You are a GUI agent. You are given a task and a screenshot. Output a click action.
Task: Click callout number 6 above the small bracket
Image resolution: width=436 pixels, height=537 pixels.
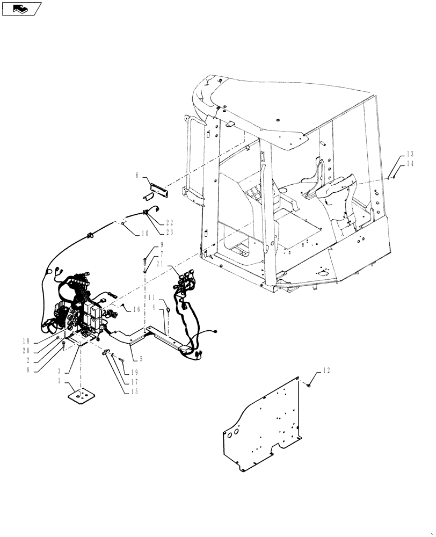click(137, 175)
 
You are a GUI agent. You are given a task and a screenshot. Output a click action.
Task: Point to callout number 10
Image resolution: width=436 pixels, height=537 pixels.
click(145, 233)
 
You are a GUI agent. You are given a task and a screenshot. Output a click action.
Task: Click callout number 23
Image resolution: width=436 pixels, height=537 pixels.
click(169, 233)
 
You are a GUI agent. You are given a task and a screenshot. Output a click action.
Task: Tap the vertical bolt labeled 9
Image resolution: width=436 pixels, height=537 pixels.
click(145, 262)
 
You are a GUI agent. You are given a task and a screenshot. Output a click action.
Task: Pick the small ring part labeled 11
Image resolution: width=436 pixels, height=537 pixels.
click(168, 310)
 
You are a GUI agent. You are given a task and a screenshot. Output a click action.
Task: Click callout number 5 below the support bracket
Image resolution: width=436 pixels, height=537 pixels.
click(142, 358)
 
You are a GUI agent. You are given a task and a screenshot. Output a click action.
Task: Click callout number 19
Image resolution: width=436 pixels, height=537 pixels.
click(132, 372)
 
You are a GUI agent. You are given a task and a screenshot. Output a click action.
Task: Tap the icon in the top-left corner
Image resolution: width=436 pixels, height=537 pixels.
click(21, 9)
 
